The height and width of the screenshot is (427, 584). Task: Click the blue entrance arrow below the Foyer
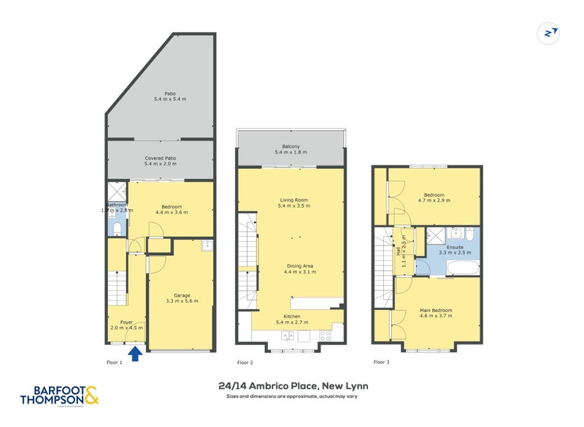(x=135, y=355)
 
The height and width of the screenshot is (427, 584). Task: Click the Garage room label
(x=182, y=298)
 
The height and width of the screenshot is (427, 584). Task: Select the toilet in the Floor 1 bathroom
(x=118, y=228)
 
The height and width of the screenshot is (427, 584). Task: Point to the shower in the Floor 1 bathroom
(x=117, y=192)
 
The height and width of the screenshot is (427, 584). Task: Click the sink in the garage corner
(x=207, y=245)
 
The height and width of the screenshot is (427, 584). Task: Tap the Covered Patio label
(x=161, y=161)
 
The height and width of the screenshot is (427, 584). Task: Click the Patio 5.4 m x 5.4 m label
(x=161, y=96)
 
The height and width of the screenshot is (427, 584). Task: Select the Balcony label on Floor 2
(x=291, y=150)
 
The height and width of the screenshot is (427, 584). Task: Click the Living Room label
(x=291, y=203)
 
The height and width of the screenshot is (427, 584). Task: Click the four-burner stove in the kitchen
(x=324, y=336)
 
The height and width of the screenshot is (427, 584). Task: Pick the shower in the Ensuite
(x=436, y=234)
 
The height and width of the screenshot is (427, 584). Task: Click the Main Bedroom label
(x=436, y=314)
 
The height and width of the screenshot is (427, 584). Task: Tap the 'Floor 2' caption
(x=245, y=362)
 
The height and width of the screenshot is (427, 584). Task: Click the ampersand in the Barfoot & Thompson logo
(x=91, y=396)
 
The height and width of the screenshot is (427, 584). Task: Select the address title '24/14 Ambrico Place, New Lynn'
(x=292, y=385)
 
